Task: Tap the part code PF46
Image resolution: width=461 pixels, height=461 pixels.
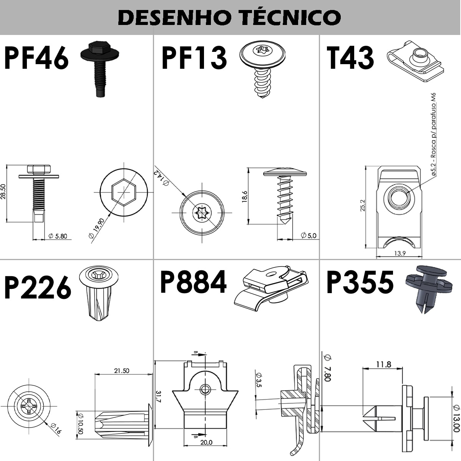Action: [36, 58]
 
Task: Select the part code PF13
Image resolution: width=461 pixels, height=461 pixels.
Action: [194, 58]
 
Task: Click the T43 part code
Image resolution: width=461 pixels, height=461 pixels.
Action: [350, 58]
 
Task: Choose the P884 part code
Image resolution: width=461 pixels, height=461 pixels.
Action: [193, 282]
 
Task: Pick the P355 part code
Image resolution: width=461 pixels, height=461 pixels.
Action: [360, 282]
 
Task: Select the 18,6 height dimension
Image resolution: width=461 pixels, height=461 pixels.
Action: [244, 197]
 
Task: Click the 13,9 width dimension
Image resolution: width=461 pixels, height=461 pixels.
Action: [400, 253]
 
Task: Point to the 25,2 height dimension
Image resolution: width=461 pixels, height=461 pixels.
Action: [362, 206]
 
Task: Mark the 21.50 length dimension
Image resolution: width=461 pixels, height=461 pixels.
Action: [121, 371]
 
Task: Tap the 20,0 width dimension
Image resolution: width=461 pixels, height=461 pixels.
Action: [206, 442]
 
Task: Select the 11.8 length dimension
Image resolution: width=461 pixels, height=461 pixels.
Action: [383, 364]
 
